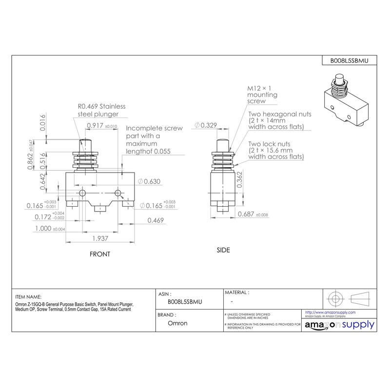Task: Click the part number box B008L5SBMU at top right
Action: [x=350, y=60]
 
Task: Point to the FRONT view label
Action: [x=100, y=254]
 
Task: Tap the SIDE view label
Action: [x=223, y=250]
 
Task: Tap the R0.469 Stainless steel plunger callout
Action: [x=101, y=110]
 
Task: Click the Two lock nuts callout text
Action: [x=276, y=151]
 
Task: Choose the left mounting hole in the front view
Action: [x=83, y=194]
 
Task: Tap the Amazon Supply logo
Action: [x=338, y=325]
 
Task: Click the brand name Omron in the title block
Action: [x=177, y=323]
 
